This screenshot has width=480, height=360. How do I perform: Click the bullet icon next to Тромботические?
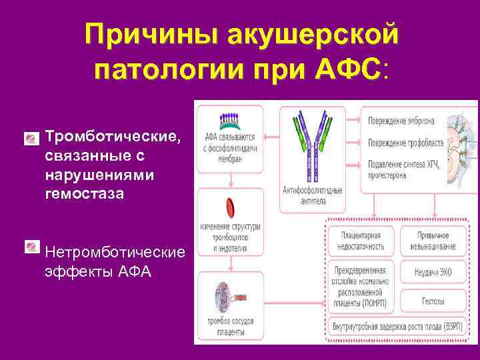pos(31,139)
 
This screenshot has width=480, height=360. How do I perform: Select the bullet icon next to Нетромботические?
pos(31,247)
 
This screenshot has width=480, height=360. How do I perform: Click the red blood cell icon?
pos(230,206)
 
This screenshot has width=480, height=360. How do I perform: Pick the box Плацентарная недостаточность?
pos(362,241)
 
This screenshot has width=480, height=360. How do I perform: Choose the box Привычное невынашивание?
pos(433,241)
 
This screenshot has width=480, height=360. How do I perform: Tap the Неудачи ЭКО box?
pos(433,271)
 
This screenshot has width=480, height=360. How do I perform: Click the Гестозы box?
pos(433,301)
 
